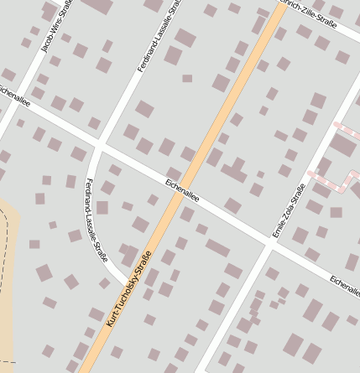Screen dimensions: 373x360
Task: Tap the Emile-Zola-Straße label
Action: pyautogui.click(x=287, y=209)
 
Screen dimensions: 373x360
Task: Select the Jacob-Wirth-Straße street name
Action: pyautogui.click(x=56, y=27)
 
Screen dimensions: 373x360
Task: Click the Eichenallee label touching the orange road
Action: pyautogui.click(x=182, y=187)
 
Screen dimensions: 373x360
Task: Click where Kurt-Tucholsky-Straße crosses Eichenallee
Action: pyautogui.click(x=186, y=191)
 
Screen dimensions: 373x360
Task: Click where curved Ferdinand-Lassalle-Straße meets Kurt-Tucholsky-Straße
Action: pyautogui.click(x=128, y=282)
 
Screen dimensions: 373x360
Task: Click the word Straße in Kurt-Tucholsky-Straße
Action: pyautogui.click(x=143, y=266)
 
